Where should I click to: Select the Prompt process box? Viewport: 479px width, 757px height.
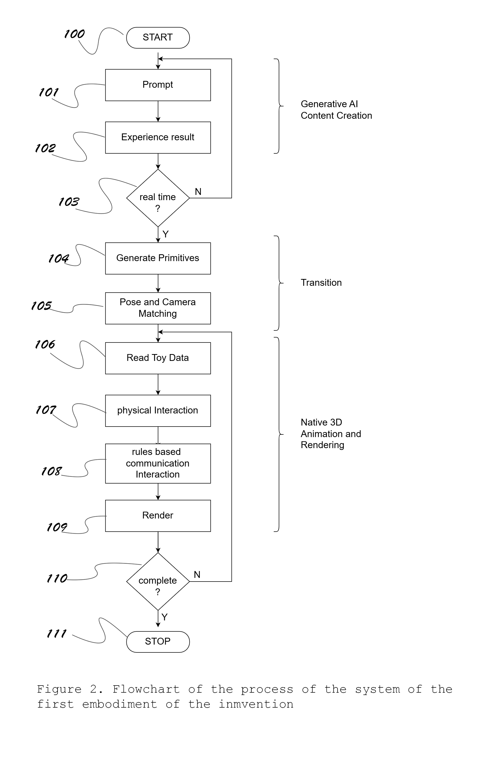(x=158, y=85)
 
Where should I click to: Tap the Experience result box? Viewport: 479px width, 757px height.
(x=158, y=137)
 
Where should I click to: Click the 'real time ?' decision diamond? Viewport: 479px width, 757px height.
(x=158, y=198)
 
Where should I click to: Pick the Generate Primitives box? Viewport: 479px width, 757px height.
(x=158, y=258)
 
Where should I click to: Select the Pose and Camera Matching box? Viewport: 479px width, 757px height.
(x=158, y=308)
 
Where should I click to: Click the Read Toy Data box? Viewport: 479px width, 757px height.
(x=158, y=358)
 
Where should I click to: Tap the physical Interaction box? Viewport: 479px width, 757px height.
(x=158, y=411)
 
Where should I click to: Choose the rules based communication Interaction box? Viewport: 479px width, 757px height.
(x=158, y=463)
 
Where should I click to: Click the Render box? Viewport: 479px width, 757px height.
(x=158, y=516)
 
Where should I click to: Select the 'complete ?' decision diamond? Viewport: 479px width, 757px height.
(x=158, y=581)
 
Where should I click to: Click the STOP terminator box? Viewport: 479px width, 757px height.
(x=158, y=642)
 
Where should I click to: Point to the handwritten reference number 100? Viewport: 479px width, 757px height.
(x=74, y=34)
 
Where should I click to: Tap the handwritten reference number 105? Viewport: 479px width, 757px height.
(x=41, y=305)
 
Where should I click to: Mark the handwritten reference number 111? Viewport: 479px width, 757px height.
(x=57, y=634)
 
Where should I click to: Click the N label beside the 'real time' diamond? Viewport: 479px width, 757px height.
(x=198, y=191)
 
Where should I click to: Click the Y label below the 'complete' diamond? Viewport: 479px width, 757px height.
(x=164, y=617)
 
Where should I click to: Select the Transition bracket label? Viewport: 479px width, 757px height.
(x=321, y=283)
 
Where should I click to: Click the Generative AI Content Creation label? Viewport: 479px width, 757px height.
(x=336, y=110)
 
